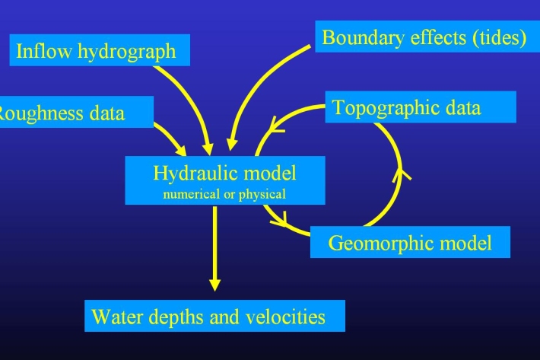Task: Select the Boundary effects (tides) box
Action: pyautogui.click(x=424, y=38)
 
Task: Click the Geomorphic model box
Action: pyautogui.click(x=410, y=243)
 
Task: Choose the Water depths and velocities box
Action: pyautogui.click(x=214, y=316)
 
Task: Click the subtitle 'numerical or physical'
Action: pyautogui.click(x=224, y=194)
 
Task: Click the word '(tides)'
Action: pyautogui.click(x=495, y=38)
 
